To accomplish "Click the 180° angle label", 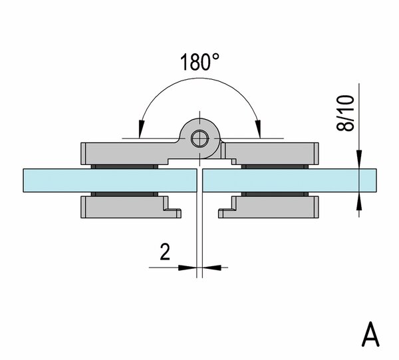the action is [199, 62].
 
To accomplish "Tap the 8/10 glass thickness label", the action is [345, 113].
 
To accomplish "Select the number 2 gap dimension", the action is [165, 252].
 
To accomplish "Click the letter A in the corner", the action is [370, 334].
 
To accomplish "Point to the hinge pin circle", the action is [199, 139].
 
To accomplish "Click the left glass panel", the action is [110, 180].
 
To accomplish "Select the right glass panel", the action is [289, 180].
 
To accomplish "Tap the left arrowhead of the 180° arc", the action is [141, 128].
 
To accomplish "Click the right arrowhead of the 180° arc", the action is [259, 128].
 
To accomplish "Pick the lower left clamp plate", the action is [125, 208].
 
